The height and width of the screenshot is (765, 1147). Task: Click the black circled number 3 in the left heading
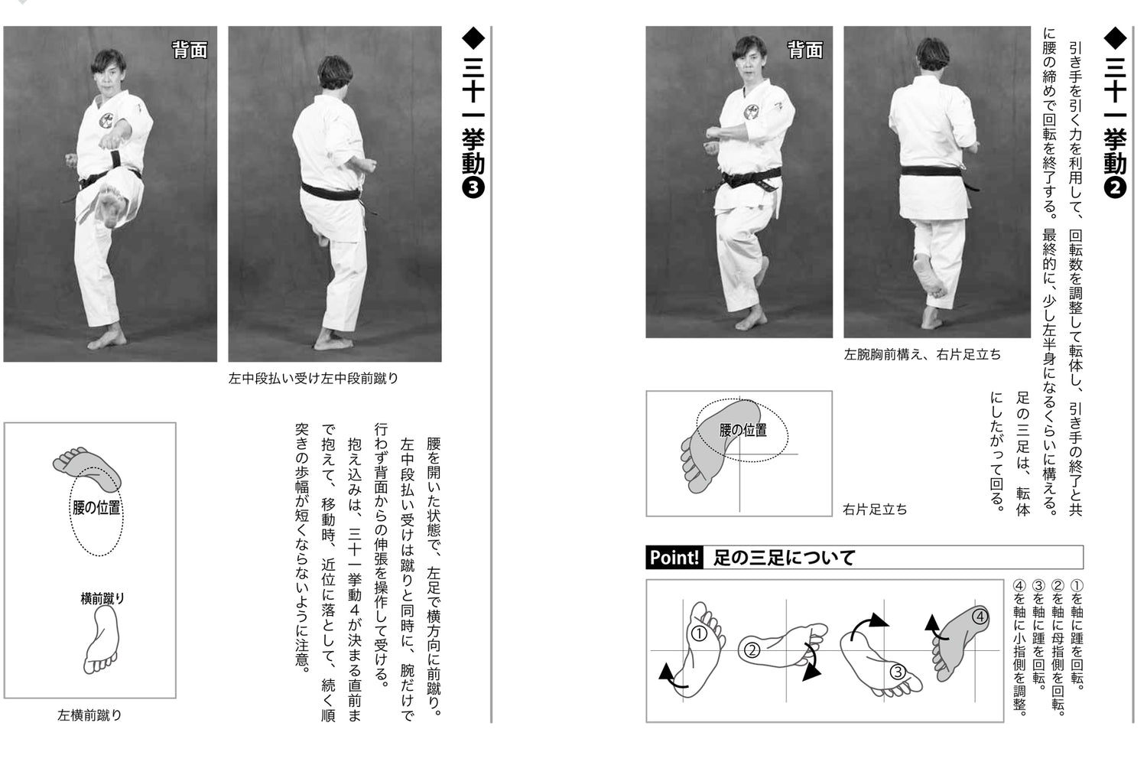point(473,187)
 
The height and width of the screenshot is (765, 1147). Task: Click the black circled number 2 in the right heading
point(1116,187)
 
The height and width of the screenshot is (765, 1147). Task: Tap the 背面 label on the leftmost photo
point(189,50)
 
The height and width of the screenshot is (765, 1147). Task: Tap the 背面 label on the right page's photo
point(804,50)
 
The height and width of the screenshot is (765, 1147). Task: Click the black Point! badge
point(674,557)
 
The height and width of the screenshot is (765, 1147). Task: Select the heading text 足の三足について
point(784,558)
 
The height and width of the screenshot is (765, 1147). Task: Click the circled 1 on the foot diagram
point(698,633)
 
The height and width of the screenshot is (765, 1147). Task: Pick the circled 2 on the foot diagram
point(751,650)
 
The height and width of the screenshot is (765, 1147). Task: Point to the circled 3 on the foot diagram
point(897,672)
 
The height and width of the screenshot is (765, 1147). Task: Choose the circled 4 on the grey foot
point(980,616)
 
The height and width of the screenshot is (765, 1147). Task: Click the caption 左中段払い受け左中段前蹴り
point(313,378)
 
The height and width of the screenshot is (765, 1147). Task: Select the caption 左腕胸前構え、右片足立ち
point(922,355)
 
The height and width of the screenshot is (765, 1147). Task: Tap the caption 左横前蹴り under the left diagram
point(89,715)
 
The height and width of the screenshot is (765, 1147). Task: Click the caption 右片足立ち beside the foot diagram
point(875,509)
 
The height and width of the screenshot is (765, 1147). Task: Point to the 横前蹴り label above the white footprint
point(102,599)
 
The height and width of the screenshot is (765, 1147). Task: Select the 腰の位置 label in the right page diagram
point(742,431)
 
